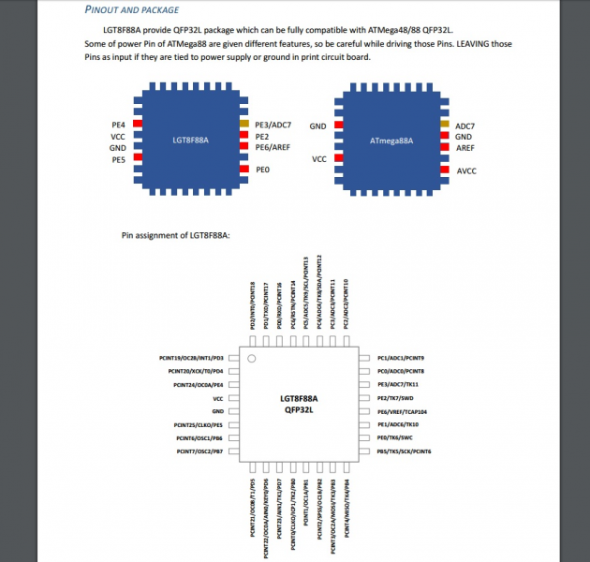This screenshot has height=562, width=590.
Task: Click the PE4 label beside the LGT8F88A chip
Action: [x=118, y=124]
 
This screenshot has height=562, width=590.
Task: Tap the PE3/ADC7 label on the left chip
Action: [x=273, y=125]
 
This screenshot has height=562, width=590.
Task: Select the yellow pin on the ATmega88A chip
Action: [x=443, y=124]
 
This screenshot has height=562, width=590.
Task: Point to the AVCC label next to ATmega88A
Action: [x=466, y=171]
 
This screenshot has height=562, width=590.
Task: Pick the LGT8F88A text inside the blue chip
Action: [x=191, y=140]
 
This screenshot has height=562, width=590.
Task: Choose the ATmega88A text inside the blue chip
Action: [x=392, y=140]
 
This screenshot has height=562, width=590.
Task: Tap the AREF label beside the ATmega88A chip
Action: [x=465, y=148]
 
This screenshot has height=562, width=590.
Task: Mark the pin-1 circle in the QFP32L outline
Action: [x=251, y=359]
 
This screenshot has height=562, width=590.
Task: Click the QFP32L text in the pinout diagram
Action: [x=300, y=409]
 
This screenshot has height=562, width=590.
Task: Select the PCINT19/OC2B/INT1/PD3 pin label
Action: [x=192, y=358]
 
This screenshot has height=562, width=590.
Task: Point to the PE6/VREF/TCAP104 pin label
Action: [x=402, y=411]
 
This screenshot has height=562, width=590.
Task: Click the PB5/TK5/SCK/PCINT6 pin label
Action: [x=404, y=451]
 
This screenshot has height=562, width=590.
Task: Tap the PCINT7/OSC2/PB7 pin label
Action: [x=199, y=451]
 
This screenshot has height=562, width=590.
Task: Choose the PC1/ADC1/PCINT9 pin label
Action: [x=400, y=358]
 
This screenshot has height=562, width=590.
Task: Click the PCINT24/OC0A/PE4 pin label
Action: [x=199, y=385]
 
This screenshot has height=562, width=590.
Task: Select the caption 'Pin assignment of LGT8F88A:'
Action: [x=176, y=235]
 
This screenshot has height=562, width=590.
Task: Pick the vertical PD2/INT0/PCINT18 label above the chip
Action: [x=252, y=305]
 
